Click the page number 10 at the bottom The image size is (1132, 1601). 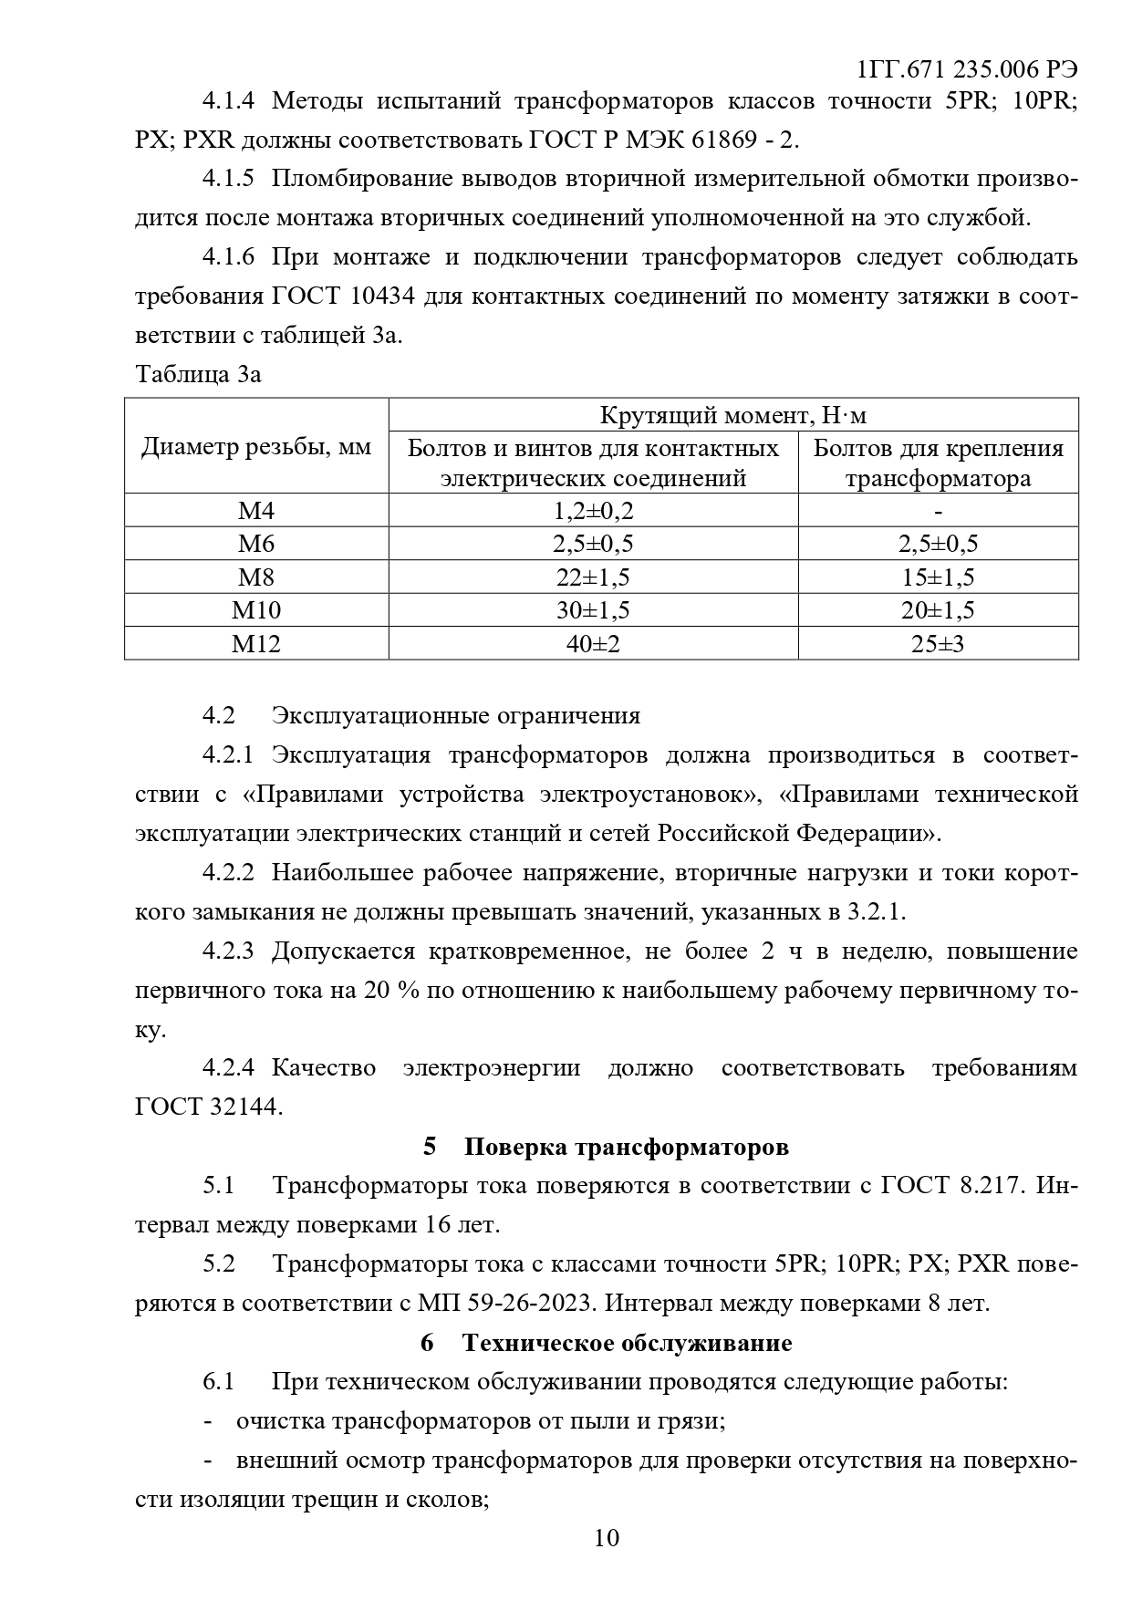pyautogui.click(x=607, y=1538)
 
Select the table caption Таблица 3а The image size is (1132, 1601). pyautogui.click(x=198, y=374)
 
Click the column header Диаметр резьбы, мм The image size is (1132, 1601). pyautogui.click(x=256, y=448)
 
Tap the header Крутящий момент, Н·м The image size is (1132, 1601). pyautogui.click(x=733, y=416)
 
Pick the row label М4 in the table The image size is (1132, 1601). pyautogui.click(x=256, y=511)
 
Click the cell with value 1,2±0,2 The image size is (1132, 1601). pyautogui.click(x=593, y=511)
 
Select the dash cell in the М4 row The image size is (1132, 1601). pyautogui.click(x=939, y=511)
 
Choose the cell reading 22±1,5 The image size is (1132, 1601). pyautogui.click(x=593, y=577)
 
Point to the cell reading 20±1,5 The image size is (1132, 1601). pyautogui.click(x=938, y=610)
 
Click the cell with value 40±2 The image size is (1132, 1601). pyautogui.click(x=593, y=644)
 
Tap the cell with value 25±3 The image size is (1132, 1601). pyautogui.click(x=938, y=644)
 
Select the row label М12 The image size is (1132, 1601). pyautogui.click(x=256, y=644)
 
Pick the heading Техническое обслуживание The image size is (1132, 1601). pyautogui.click(x=627, y=1343)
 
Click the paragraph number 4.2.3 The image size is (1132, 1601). pyautogui.click(x=227, y=951)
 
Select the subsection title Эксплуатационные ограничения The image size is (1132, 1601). pyautogui.click(x=456, y=715)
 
